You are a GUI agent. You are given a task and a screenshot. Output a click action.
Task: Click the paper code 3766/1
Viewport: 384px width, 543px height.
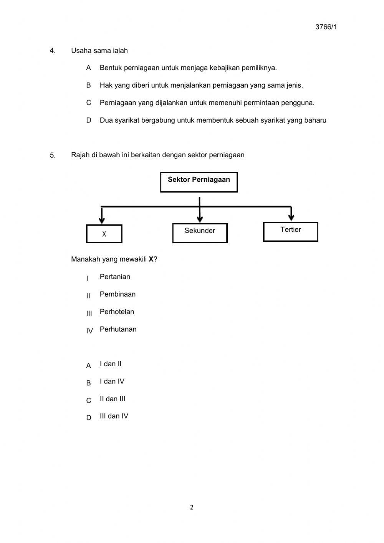click(326, 27)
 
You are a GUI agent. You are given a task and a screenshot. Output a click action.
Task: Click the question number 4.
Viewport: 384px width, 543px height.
click(52, 51)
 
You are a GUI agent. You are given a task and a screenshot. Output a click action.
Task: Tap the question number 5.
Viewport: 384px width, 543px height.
click(53, 156)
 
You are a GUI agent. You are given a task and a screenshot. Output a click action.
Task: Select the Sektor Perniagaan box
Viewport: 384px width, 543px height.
click(199, 182)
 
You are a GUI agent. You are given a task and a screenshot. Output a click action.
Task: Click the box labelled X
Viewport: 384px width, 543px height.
click(104, 234)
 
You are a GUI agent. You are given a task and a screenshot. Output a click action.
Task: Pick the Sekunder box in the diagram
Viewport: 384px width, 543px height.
click(200, 233)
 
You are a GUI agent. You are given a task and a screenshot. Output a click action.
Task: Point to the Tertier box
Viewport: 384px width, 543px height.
click(291, 232)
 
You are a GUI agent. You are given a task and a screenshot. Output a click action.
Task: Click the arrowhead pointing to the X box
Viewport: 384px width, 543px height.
click(102, 220)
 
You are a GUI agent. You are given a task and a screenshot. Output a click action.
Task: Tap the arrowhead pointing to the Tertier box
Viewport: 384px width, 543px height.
click(291, 218)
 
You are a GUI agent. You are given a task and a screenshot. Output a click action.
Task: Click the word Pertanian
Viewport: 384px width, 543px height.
click(115, 277)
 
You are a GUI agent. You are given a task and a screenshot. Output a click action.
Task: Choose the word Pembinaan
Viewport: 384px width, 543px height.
click(118, 294)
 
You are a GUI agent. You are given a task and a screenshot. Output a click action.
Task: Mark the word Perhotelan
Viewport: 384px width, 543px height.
click(117, 312)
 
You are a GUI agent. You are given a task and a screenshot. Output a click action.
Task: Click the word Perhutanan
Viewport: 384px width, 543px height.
click(118, 329)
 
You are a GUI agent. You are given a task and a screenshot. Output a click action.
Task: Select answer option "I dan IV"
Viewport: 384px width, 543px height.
click(112, 382)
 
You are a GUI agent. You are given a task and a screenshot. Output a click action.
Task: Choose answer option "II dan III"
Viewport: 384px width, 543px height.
click(113, 399)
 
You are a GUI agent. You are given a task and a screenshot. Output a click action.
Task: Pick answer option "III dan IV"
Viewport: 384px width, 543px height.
click(114, 416)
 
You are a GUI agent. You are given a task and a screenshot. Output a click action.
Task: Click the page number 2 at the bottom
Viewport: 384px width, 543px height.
click(192, 507)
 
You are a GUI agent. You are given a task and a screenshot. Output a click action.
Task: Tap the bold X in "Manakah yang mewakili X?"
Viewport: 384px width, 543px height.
click(151, 259)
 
